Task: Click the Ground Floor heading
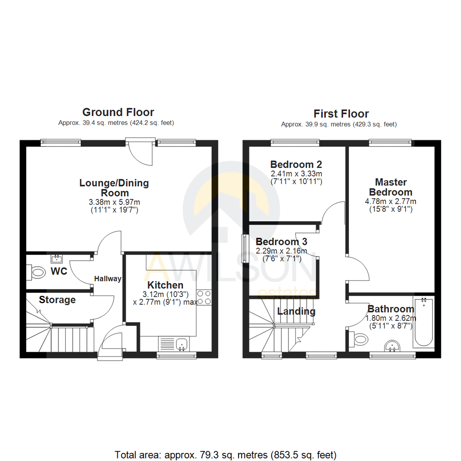click(118, 112)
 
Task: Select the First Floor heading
click(341, 114)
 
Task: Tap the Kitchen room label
click(165, 285)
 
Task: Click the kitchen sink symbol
click(183, 343)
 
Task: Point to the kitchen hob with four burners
click(204, 297)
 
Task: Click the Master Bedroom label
click(391, 187)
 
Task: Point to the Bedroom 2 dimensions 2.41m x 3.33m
click(296, 174)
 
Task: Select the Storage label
click(57, 300)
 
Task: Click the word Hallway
click(108, 279)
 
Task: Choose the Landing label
click(296, 311)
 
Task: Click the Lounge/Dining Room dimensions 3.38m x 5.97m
click(114, 202)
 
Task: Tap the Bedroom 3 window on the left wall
click(245, 248)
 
